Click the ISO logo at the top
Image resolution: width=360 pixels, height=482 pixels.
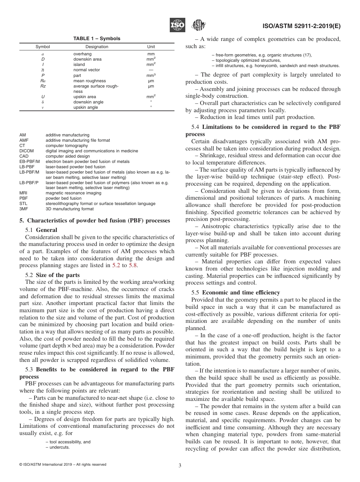(x=177, y=25)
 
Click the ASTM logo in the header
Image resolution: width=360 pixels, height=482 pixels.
(x=198, y=25)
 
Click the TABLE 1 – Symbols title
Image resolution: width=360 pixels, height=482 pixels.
(x=97, y=39)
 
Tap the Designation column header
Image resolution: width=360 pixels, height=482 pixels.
(x=97, y=47)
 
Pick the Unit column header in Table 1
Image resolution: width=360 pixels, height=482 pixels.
(x=151, y=47)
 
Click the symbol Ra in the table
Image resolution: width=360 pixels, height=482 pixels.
(x=43, y=81)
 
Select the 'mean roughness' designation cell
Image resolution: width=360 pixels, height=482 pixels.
(x=89, y=81)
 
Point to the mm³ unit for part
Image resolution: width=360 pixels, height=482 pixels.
(x=151, y=75)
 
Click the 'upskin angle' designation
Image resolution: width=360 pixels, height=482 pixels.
(x=86, y=108)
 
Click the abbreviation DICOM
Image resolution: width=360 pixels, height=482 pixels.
(x=27, y=151)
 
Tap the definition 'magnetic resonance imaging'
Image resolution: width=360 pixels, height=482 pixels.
(x=74, y=193)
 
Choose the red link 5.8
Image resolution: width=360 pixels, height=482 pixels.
(x=133, y=265)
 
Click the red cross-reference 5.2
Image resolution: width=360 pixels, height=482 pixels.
(x=116, y=265)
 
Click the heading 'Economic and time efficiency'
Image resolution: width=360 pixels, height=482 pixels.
(x=241, y=292)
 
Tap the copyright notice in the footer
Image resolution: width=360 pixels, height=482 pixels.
(x=63, y=465)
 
